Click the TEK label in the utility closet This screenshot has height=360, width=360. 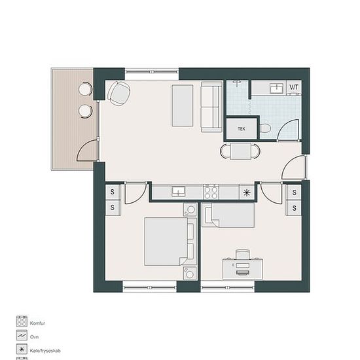[242, 129]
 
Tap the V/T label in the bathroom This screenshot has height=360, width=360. [294, 87]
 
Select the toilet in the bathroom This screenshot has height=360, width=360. [265, 128]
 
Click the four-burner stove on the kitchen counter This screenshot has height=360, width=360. [211, 192]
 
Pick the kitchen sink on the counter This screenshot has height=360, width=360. [179, 192]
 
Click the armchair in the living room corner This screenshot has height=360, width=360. [119, 94]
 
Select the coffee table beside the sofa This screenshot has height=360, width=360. [183, 105]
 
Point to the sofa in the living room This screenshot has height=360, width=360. [211, 107]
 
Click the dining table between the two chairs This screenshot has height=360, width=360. [241, 151]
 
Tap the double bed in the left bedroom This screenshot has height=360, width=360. [171, 242]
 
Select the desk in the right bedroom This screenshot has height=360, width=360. [243, 269]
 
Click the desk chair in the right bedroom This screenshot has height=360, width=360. [243, 254]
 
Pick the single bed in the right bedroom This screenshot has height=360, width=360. [228, 215]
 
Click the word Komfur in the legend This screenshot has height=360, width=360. [37, 323]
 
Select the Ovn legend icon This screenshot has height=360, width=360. [22, 335]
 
